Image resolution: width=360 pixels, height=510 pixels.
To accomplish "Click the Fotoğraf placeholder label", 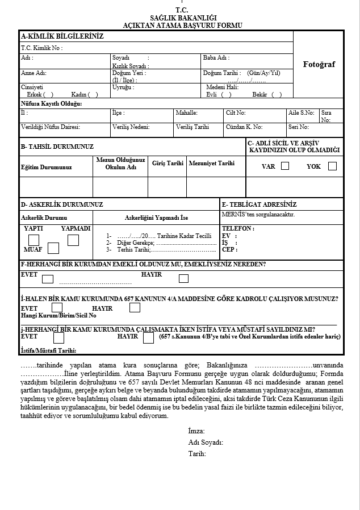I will (319, 64).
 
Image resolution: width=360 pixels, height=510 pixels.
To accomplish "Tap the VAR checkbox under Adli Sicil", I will (285, 166).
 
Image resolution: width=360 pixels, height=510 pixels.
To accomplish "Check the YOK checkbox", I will (332, 166).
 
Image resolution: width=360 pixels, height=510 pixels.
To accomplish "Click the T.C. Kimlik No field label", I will (41, 48).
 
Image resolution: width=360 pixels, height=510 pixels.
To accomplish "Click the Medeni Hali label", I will (222, 87).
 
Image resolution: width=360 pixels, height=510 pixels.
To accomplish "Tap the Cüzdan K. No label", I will (244, 127).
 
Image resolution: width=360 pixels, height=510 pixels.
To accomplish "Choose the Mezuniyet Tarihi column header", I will (211, 163).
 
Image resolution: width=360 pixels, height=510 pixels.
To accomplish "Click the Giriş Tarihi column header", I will (168, 163).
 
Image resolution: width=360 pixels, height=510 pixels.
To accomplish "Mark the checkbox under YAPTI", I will (34, 240).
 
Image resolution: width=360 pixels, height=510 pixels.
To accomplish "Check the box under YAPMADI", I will (73, 240).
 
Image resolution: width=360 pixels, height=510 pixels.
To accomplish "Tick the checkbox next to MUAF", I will (53, 248).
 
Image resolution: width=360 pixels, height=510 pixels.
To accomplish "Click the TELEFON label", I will (238, 229).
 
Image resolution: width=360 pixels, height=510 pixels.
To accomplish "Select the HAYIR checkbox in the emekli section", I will (183, 278).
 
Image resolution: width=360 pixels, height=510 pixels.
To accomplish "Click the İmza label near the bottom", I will (196, 432).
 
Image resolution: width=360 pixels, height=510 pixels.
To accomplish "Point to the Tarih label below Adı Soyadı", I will (197, 453).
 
